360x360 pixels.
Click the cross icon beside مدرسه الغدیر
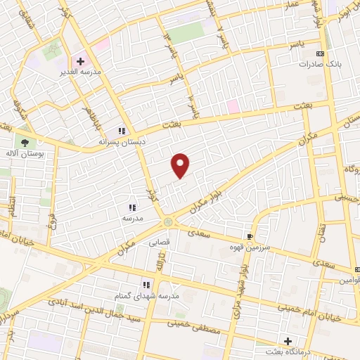(x=80, y=61)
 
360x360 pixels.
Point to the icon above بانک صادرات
(x=321, y=53)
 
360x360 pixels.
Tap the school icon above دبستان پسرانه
(x=121, y=130)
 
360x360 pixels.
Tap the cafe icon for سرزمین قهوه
(x=250, y=236)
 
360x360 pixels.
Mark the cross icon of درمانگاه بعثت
(x=288, y=340)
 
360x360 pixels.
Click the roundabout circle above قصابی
(x=168, y=222)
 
